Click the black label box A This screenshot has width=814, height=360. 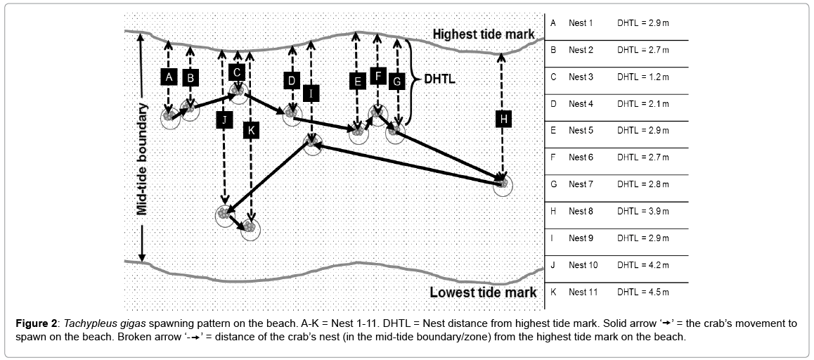(x=167, y=77)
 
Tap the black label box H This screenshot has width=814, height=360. (x=502, y=120)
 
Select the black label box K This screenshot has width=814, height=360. (x=250, y=129)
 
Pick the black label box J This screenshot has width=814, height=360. (x=224, y=120)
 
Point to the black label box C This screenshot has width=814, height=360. (x=237, y=72)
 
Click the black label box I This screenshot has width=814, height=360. (x=311, y=93)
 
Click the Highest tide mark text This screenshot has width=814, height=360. (x=483, y=34)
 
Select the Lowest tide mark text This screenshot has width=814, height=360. (x=483, y=292)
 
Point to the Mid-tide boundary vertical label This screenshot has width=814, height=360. (x=142, y=159)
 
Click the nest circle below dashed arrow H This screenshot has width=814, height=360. (x=502, y=185)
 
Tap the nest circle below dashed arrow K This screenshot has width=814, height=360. (x=250, y=229)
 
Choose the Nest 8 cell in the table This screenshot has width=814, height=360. (x=581, y=211)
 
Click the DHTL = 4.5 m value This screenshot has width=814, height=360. (x=642, y=292)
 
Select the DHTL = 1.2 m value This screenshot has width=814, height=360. (x=642, y=77)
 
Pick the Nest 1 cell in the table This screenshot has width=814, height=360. (x=581, y=23)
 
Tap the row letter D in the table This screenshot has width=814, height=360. (x=553, y=104)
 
